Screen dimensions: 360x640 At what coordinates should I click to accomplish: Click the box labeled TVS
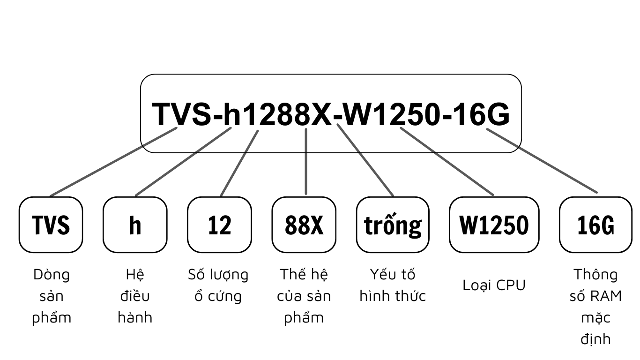pyautogui.click(x=51, y=225)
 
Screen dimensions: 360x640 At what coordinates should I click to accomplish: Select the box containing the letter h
pyautogui.click(x=135, y=225)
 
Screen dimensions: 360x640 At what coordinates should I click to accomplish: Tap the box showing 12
pyautogui.click(x=219, y=225)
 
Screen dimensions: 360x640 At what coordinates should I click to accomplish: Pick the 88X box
pyautogui.click(x=304, y=225)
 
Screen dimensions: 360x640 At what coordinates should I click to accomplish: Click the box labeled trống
pyautogui.click(x=393, y=225)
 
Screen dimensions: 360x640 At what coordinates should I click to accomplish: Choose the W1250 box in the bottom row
pyautogui.click(x=494, y=225)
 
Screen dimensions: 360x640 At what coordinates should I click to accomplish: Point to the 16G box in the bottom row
pyautogui.click(x=595, y=225)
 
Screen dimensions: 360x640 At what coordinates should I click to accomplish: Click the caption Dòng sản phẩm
pyautogui.click(x=51, y=296)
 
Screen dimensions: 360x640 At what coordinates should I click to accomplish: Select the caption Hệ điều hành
pyautogui.click(x=135, y=296)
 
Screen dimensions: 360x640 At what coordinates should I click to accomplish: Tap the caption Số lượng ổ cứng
pyautogui.click(x=218, y=285)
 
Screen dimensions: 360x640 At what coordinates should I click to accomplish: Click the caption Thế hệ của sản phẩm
pyautogui.click(x=304, y=296)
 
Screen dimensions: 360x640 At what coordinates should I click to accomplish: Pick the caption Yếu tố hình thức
pyautogui.click(x=393, y=285)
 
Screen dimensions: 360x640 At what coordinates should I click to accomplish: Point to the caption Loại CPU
pyautogui.click(x=494, y=285)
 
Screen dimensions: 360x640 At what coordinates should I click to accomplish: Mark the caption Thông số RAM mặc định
pyautogui.click(x=595, y=307)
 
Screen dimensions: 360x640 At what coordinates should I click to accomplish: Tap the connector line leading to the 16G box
pyautogui.click(x=542, y=160)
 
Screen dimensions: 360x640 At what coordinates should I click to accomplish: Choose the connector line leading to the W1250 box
pyautogui.click(x=447, y=161)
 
